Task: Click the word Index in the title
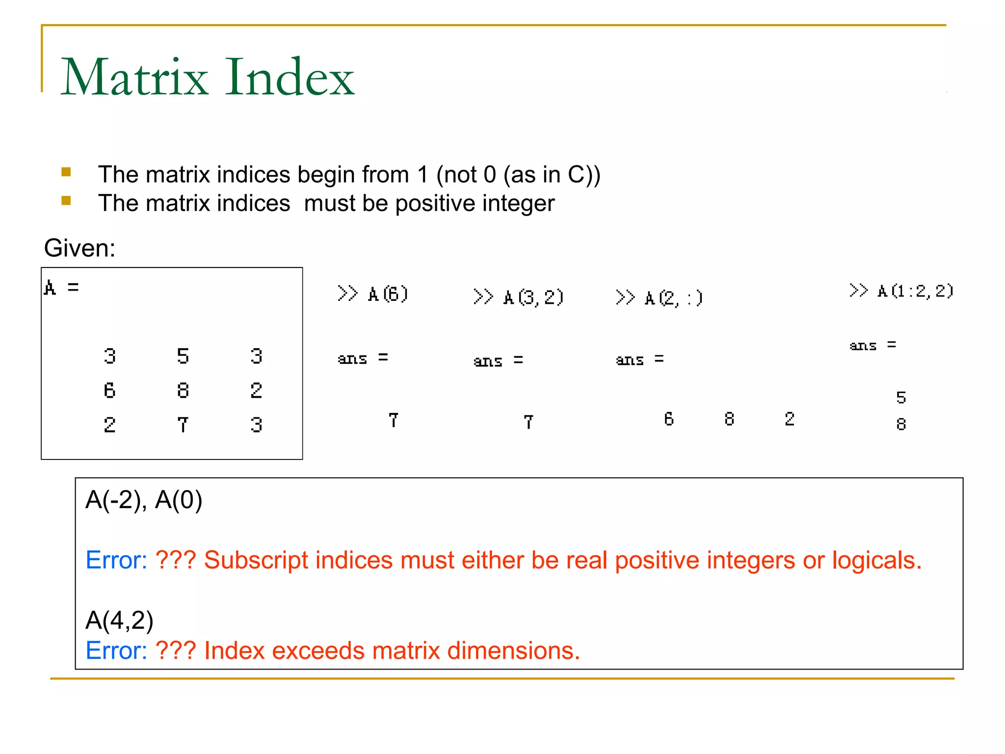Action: click(x=290, y=77)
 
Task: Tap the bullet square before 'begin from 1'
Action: click(x=66, y=172)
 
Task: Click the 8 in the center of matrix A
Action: click(x=183, y=391)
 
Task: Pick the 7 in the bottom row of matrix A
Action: click(x=183, y=425)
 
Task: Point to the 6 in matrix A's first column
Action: click(x=109, y=391)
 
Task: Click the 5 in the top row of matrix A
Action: click(x=183, y=356)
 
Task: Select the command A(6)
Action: click(x=388, y=295)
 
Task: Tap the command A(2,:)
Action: click(x=673, y=298)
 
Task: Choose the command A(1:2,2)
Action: click(x=915, y=291)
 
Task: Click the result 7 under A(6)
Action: click(x=393, y=420)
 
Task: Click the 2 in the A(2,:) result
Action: click(x=789, y=419)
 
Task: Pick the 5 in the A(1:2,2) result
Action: click(x=901, y=398)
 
